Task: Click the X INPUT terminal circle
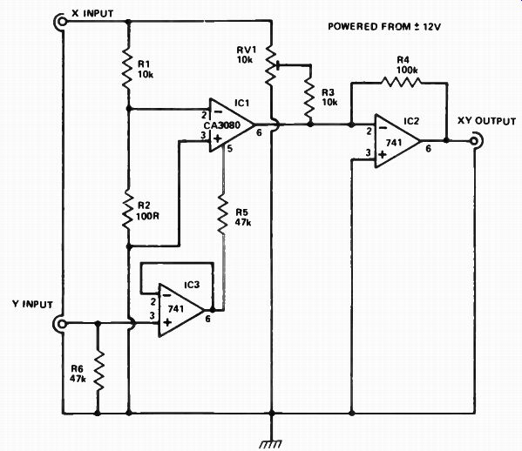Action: pos(62,22)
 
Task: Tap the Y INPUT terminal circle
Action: pos(62,323)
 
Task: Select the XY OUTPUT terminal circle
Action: pos(474,141)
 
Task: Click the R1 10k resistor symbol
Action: pos(129,69)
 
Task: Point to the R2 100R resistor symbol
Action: pos(128,209)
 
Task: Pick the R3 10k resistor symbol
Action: pos(310,98)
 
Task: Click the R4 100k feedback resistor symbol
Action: pos(401,82)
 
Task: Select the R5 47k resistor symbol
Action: pos(223,215)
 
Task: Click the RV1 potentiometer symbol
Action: pos(272,66)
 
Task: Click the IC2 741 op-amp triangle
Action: pos(397,141)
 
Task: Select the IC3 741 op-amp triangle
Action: pos(181,310)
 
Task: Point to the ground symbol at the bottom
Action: pos(271,443)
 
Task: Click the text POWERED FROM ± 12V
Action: pos(384,27)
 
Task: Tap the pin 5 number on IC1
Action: pos(230,149)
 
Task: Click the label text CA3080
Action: pos(222,125)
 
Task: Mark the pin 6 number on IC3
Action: pos(207,319)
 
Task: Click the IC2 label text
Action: pos(411,121)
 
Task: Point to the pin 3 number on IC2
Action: pos(368,152)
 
